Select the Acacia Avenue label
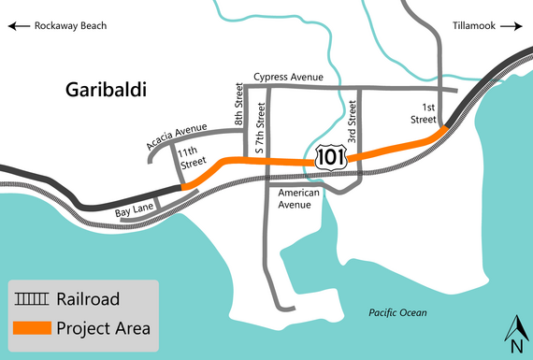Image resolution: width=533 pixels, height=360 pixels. point(176,137)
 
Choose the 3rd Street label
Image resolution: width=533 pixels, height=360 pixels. point(353,118)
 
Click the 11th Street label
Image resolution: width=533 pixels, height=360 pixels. point(194,156)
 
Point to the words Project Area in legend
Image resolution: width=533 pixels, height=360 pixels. point(103,328)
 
